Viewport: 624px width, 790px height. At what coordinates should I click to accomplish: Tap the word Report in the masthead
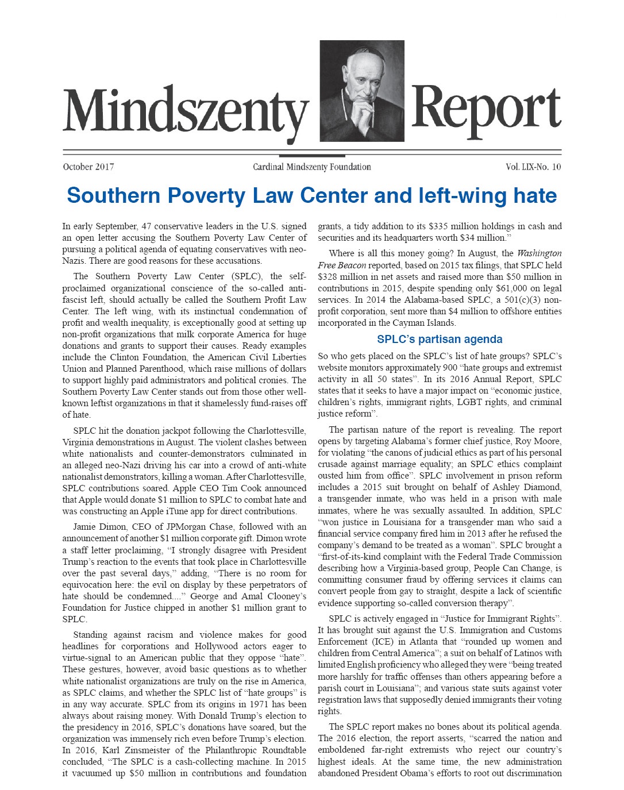click(x=486, y=109)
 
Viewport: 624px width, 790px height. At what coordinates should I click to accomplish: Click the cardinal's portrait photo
click(x=362, y=91)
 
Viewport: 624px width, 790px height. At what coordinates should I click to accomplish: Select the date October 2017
click(x=88, y=167)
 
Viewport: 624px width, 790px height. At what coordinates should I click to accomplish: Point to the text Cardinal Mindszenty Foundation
click(x=312, y=167)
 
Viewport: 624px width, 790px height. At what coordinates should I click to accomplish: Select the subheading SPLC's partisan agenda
click(x=440, y=339)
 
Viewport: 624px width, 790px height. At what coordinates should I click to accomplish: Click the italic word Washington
click(x=539, y=253)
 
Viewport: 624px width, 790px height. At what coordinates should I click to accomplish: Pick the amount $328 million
click(x=344, y=276)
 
